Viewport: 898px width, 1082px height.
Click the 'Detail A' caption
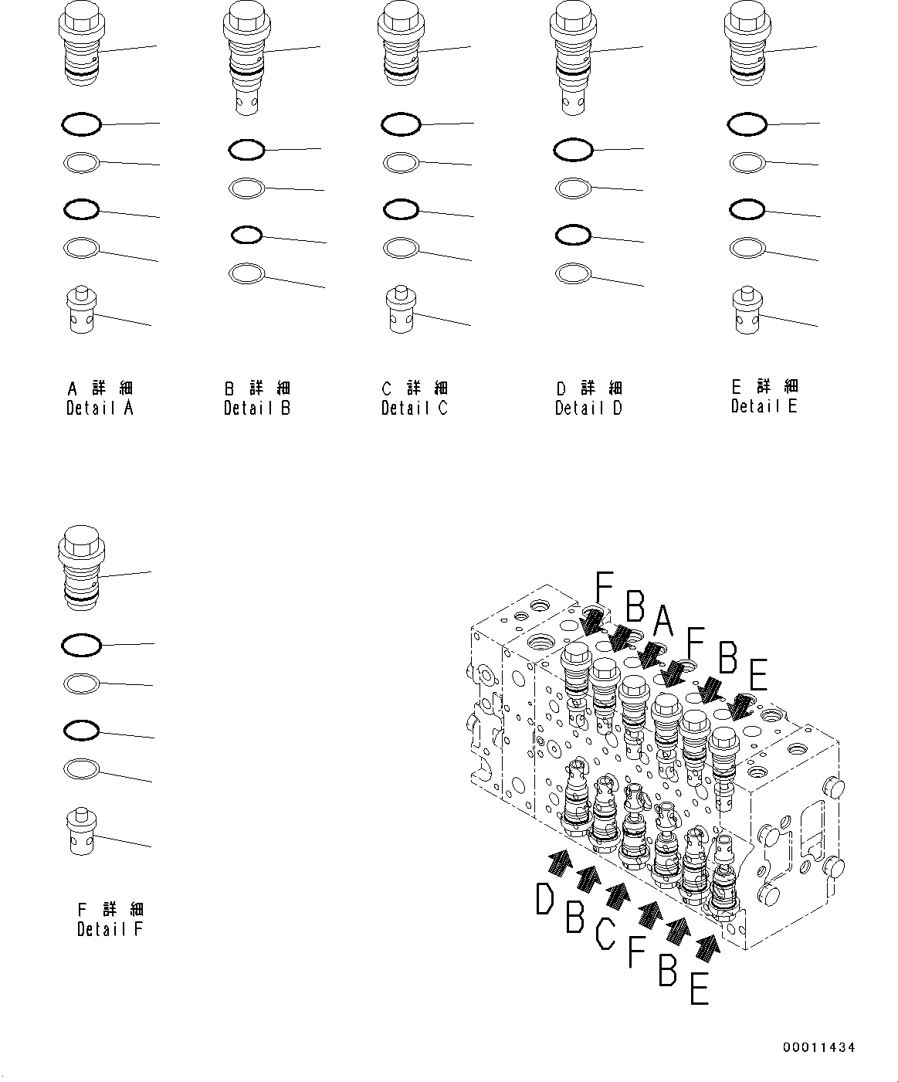coord(100,408)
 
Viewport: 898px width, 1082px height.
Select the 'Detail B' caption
coord(257,408)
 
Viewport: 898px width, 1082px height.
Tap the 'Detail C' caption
coord(414,408)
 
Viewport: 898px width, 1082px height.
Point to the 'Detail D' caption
coord(588,408)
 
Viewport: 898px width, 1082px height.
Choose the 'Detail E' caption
coord(764,406)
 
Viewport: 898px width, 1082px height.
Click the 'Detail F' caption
coord(110,929)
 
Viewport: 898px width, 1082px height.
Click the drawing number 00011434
coord(818,1047)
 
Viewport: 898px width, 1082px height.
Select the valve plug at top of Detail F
coord(80,565)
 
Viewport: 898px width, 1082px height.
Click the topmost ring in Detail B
coord(247,150)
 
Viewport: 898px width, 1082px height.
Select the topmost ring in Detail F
coord(81,644)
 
